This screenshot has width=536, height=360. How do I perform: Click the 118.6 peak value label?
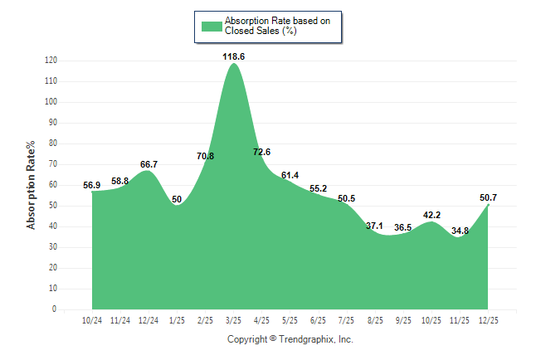(x=233, y=56)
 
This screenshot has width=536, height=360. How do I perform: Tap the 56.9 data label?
(x=92, y=185)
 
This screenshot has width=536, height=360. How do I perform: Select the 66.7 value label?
(x=149, y=164)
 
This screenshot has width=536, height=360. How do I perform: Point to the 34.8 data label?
(x=460, y=231)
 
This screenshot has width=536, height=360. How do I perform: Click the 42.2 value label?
(x=431, y=215)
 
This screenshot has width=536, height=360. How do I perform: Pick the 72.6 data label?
(x=261, y=152)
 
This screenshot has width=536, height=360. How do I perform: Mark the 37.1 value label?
(x=374, y=226)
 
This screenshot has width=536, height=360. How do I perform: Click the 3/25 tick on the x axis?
(x=233, y=320)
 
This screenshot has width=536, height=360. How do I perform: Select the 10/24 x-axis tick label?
(x=92, y=320)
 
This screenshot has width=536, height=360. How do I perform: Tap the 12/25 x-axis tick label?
(x=488, y=320)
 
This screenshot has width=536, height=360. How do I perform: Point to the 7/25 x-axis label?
(x=346, y=320)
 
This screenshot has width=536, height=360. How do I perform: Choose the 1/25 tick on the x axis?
(x=177, y=320)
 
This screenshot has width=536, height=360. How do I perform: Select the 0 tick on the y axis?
(x=54, y=309)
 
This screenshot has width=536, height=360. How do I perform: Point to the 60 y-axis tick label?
(x=52, y=185)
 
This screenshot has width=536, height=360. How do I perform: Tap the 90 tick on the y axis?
(x=52, y=123)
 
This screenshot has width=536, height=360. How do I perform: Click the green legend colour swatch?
(x=211, y=26)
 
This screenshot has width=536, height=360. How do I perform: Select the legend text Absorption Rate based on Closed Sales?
(x=271, y=26)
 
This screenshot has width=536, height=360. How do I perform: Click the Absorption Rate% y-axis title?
(x=32, y=185)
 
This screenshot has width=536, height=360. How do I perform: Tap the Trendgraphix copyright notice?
(x=290, y=340)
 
